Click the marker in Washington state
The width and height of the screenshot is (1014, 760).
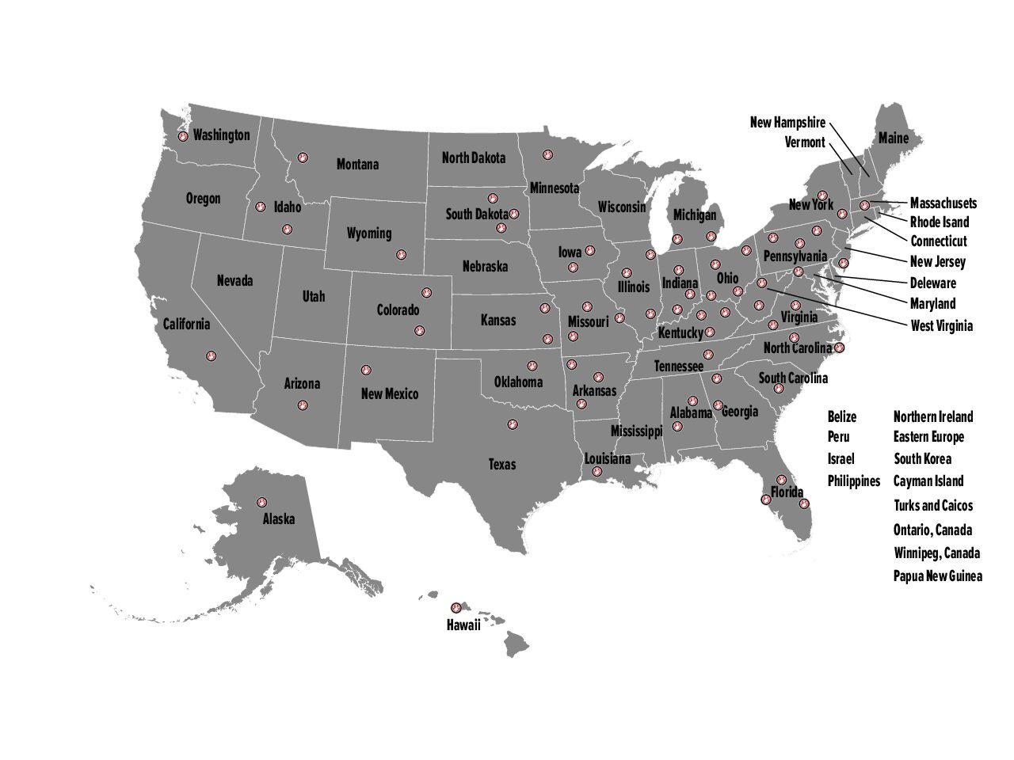[x=183, y=136]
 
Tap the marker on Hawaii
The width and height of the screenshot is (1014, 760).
[x=456, y=608]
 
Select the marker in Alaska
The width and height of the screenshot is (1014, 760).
[x=261, y=502]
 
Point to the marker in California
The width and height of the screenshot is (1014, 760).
[x=211, y=356]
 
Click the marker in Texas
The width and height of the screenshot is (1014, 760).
[x=513, y=425]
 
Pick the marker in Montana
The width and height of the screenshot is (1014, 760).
[x=302, y=158]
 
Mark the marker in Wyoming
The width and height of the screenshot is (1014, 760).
[x=401, y=255]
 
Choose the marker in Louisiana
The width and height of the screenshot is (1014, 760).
[x=597, y=472]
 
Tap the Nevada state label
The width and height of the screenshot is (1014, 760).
[x=235, y=281]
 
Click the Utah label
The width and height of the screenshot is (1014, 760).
[x=314, y=297]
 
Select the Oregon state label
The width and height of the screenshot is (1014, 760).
[x=204, y=199]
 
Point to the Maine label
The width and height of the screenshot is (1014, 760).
[x=894, y=139]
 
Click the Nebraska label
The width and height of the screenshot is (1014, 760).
[x=485, y=267]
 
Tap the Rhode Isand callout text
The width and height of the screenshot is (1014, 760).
[x=940, y=222]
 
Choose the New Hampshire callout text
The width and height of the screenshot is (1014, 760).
[x=787, y=123]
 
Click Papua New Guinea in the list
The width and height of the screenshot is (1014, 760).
[x=938, y=576]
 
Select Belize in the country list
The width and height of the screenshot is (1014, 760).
[x=842, y=417]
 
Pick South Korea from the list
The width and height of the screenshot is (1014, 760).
[x=923, y=459]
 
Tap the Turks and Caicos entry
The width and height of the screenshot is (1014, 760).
[x=933, y=506]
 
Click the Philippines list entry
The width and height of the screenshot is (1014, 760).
[x=854, y=481]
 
